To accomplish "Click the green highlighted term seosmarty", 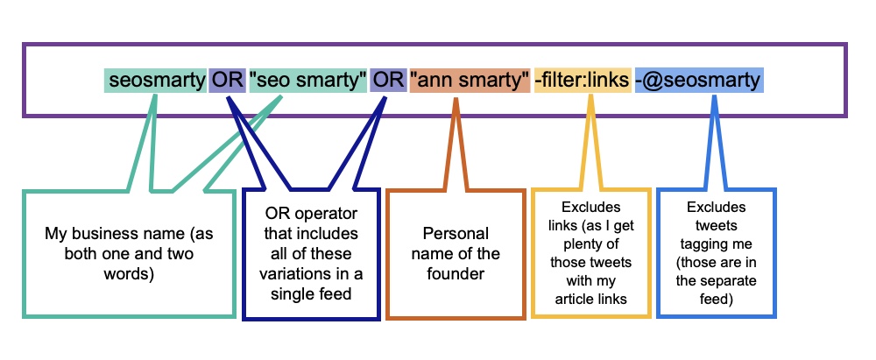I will pyautogui.click(x=156, y=81).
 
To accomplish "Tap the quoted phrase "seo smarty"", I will pyautogui.click(x=307, y=81).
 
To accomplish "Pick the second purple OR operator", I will pyautogui.click(x=387, y=81).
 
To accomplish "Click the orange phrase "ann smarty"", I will pyautogui.click(x=469, y=81).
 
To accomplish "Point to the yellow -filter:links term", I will pyautogui.click(x=582, y=81).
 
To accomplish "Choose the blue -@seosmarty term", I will pyautogui.click(x=699, y=81).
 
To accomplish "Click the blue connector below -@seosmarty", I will pyautogui.click(x=716, y=140).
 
